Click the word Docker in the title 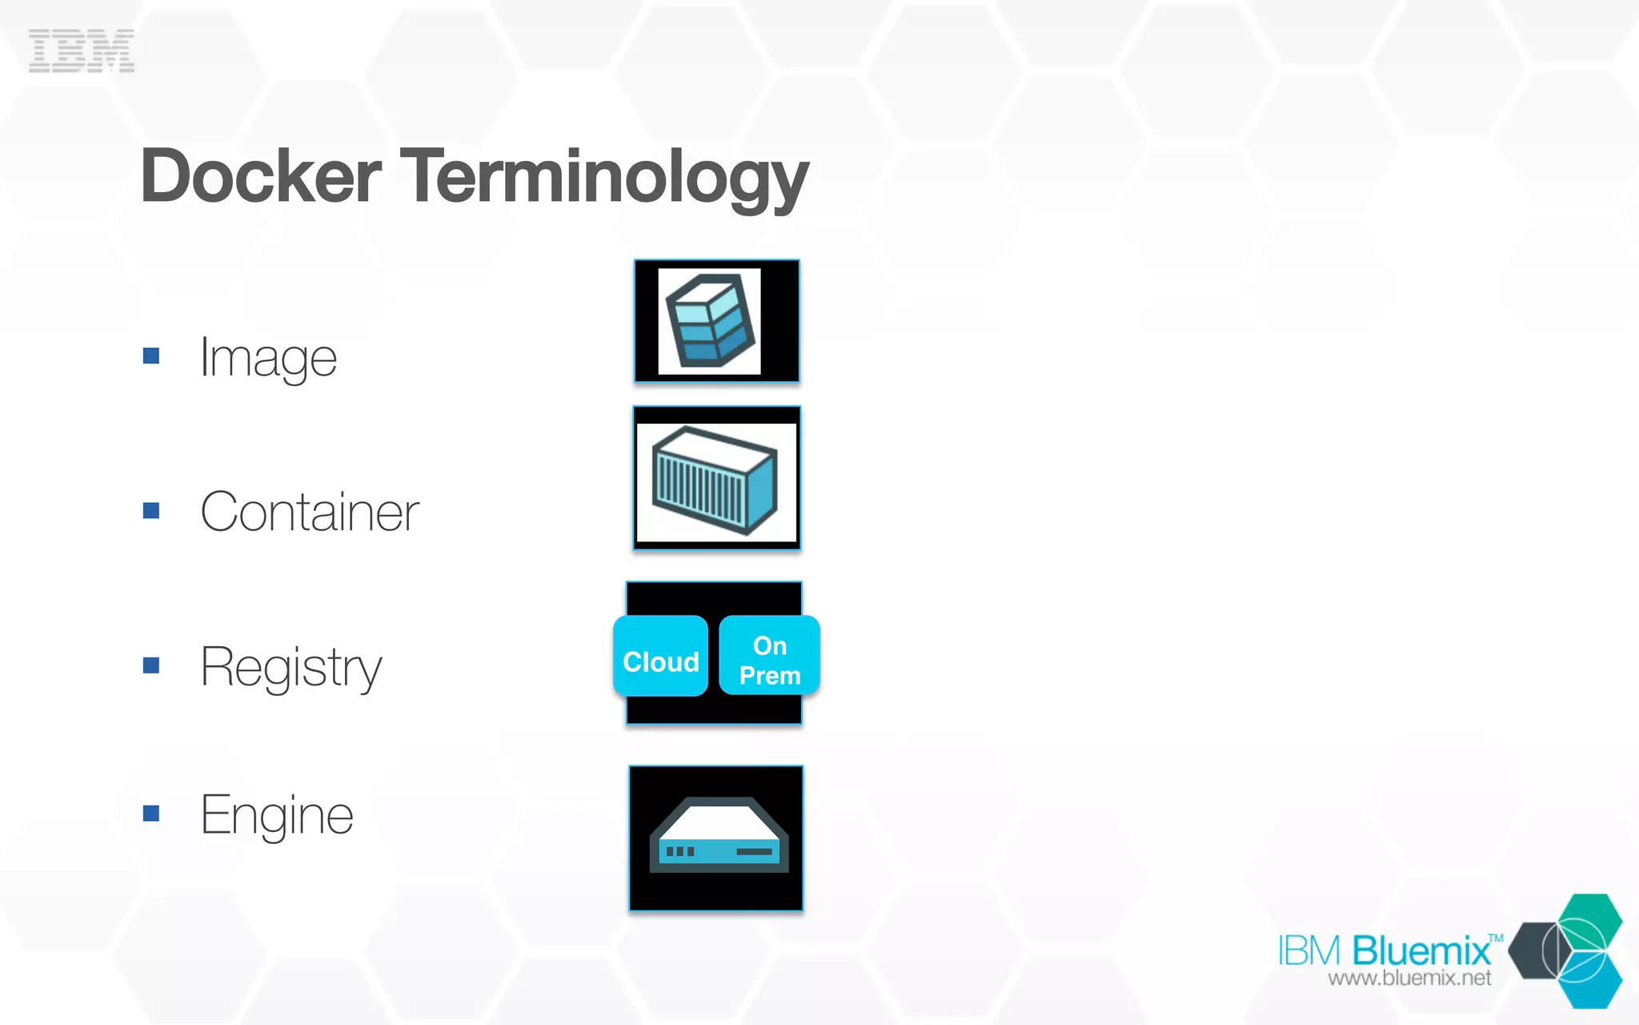tap(261, 176)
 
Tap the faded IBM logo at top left tap(82, 50)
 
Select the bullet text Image tap(268, 357)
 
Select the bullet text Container tap(310, 512)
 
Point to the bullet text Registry tap(291, 666)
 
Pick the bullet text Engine tap(277, 815)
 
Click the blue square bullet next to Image tap(151, 356)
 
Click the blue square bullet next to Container tap(151, 510)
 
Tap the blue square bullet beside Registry tap(151, 665)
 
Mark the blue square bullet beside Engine tap(151, 814)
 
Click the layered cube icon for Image tap(711, 320)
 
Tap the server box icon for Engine tap(717, 837)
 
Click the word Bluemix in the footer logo tap(1421, 951)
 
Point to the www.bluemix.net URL tap(1409, 978)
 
